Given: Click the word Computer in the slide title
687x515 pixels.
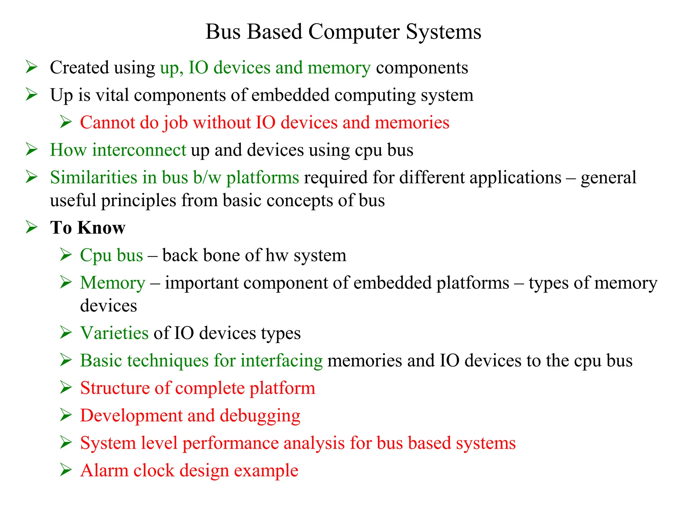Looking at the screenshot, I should click(354, 32).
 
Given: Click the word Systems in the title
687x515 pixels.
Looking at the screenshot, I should click(443, 32).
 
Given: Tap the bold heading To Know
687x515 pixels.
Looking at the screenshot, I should click(88, 228).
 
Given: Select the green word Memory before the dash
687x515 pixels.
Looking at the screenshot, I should click(113, 283).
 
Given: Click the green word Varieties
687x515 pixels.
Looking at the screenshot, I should click(114, 333).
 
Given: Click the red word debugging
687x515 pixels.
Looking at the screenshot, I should click(260, 416).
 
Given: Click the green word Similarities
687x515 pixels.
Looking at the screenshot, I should click(94, 177).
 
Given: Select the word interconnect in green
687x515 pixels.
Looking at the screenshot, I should click(139, 150).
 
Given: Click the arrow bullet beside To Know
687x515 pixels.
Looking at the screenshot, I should click(32, 227).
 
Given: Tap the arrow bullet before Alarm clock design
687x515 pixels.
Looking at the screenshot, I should click(66, 470).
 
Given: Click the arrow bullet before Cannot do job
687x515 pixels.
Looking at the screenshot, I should click(66, 122).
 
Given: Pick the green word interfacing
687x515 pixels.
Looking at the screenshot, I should click(281, 361).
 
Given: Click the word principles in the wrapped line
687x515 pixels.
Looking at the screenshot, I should click(139, 201).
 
